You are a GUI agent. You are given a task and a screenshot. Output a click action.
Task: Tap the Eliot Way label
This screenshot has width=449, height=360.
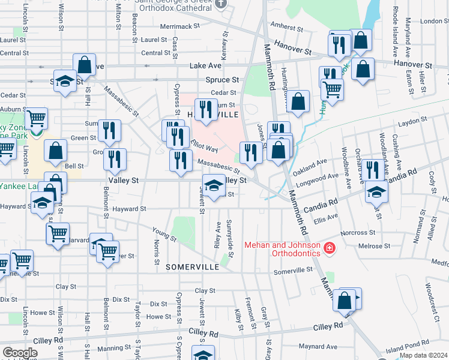click(203, 146)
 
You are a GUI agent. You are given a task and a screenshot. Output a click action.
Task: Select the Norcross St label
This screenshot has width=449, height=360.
click(357, 232)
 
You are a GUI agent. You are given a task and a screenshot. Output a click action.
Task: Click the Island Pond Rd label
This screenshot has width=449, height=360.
click(408, 348)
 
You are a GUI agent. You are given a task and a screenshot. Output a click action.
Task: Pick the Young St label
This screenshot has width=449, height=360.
click(164, 235)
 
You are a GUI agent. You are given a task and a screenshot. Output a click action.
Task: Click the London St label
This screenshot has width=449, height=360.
click(435, 21)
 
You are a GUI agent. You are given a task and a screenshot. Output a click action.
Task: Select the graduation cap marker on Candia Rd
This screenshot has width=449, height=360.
click(376, 192)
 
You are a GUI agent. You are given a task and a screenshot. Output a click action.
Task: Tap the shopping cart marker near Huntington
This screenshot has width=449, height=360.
click(331, 91)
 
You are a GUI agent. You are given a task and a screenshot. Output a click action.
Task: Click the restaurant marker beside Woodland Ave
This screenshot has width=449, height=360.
click(373, 170)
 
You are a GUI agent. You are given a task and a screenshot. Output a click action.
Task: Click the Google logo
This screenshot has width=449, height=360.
click(20, 353)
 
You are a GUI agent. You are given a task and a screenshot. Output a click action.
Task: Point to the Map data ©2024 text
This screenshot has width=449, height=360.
click(423, 355)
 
